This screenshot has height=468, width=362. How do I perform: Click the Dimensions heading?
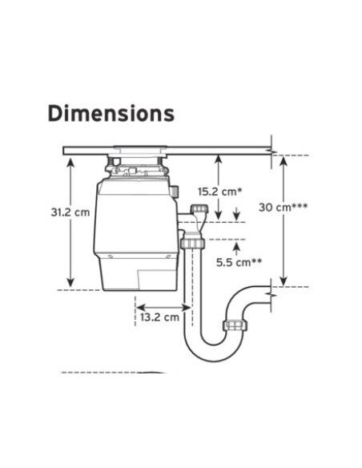pyautogui.click(x=111, y=114)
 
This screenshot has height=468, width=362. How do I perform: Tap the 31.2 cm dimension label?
pyautogui.click(x=70, y=212)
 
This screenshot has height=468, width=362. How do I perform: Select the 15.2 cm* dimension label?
pyautogui.click(x=219, y=192)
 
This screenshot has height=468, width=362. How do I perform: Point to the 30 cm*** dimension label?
pyautogui.click(x=283, y=207)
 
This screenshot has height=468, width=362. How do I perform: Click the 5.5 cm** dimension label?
pyautogui.click(x=239, y=262)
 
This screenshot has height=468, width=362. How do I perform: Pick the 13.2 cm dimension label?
pyautogui.click(x=160, y=317)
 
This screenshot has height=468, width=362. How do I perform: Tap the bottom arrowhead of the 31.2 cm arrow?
pyautogui.click(x=70, y=282)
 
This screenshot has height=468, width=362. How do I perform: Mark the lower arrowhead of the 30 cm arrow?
pyautogui.click(x=284, y=281)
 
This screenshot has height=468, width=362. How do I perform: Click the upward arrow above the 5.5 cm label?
pyautogui.click(x=237, y=249)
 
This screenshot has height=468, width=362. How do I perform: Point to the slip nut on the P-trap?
pyautogui.click(x=235, y=325)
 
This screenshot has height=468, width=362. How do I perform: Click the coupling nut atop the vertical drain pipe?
pyautogui.click(x=193, y=243)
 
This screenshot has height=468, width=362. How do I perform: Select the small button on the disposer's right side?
pyautogui.click(x=175, y=191)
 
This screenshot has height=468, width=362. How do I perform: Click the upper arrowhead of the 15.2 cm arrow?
pyautogui.click(x=219, y=160)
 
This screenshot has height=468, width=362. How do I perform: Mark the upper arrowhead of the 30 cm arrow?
pyautogui.click(x=284, y=161)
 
